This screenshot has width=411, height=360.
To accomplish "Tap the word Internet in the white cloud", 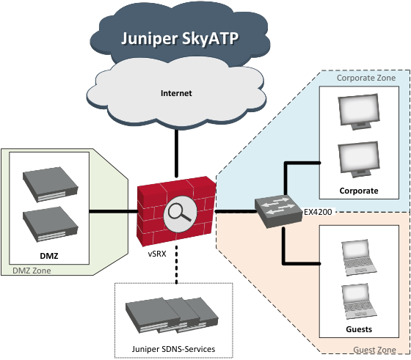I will pos(176,94).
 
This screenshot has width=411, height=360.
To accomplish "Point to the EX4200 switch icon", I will pos(278,210).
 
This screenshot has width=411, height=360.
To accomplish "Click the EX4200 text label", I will pos(318,210).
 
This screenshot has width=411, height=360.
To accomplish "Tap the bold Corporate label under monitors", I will pos(359,191).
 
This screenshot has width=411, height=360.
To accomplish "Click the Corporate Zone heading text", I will pos(365,78).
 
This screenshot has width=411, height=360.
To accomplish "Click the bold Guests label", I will pos(358,329).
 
